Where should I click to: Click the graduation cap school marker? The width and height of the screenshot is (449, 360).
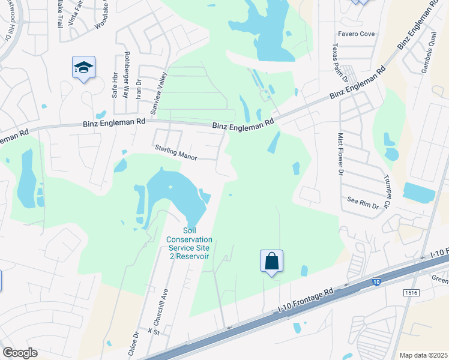tap(84, 67)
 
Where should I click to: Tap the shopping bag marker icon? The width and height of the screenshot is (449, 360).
tap(272, 261)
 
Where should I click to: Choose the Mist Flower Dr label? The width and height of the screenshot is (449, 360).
tap(340, 153)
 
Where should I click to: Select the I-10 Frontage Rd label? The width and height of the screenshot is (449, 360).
tap(306, 302)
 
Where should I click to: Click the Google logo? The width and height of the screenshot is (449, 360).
tap(19, 353)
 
